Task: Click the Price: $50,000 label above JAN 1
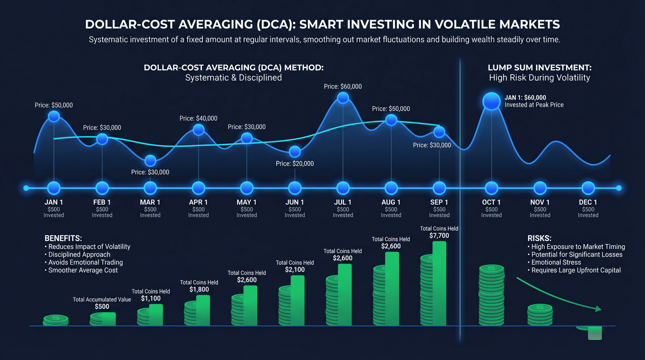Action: [x=54, y=105]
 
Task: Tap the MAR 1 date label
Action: [x=150, y=202]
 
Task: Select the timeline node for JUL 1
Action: [x=343, y=188]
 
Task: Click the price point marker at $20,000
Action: [x=295, y=151]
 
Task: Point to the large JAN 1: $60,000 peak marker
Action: [x=491, y=101]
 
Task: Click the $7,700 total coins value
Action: [x=439, y=236]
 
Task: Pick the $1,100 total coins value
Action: [x=151, y=299]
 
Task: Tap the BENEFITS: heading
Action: [x=63, y=238]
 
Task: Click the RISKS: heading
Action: [x=539, y=238]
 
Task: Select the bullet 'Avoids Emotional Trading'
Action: [x=85, y=262]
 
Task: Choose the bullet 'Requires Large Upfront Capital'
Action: [x=576, y=270]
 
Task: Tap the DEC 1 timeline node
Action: [x=588, y=188]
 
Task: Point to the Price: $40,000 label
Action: [x=198, y=118]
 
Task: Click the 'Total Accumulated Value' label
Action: [x=102, y=300]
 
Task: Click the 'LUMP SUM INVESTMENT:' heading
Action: [x=540, y=68]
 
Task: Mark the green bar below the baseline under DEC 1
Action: [x=595, y=333]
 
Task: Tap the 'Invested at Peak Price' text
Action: [x=534, y=105]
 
